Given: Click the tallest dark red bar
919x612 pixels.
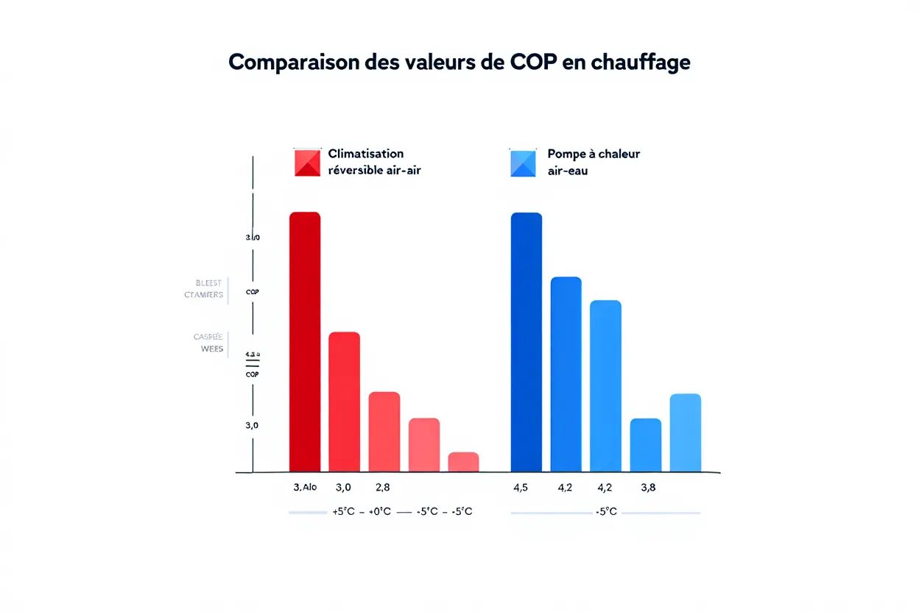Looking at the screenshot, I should point(305,342).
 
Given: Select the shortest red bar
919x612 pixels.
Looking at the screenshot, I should point(463,462).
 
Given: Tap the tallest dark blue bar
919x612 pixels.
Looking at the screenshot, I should point(526,342).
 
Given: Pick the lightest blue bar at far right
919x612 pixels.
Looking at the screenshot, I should point(685,433).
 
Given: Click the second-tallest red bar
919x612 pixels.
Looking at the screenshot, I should point(344,402).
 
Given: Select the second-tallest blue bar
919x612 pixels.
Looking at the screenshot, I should point(566,374).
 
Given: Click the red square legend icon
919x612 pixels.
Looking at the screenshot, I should point(307,163).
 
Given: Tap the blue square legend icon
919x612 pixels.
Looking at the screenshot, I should point(524,163).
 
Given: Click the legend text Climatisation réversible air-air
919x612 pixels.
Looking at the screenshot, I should point(374,162).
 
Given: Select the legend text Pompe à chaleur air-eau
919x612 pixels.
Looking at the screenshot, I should point(594,162).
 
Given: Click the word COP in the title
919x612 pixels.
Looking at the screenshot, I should point(533,63).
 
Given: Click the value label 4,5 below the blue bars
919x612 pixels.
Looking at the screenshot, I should point(520,487).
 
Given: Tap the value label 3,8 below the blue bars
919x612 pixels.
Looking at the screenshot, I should point(649,487).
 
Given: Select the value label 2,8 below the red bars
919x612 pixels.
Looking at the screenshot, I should point(383,487).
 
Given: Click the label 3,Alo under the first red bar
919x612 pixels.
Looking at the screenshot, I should point(305,487).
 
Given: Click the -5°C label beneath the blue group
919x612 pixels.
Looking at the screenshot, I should point(605,511).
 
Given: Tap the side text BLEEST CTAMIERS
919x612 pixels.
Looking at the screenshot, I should point(205,289).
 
